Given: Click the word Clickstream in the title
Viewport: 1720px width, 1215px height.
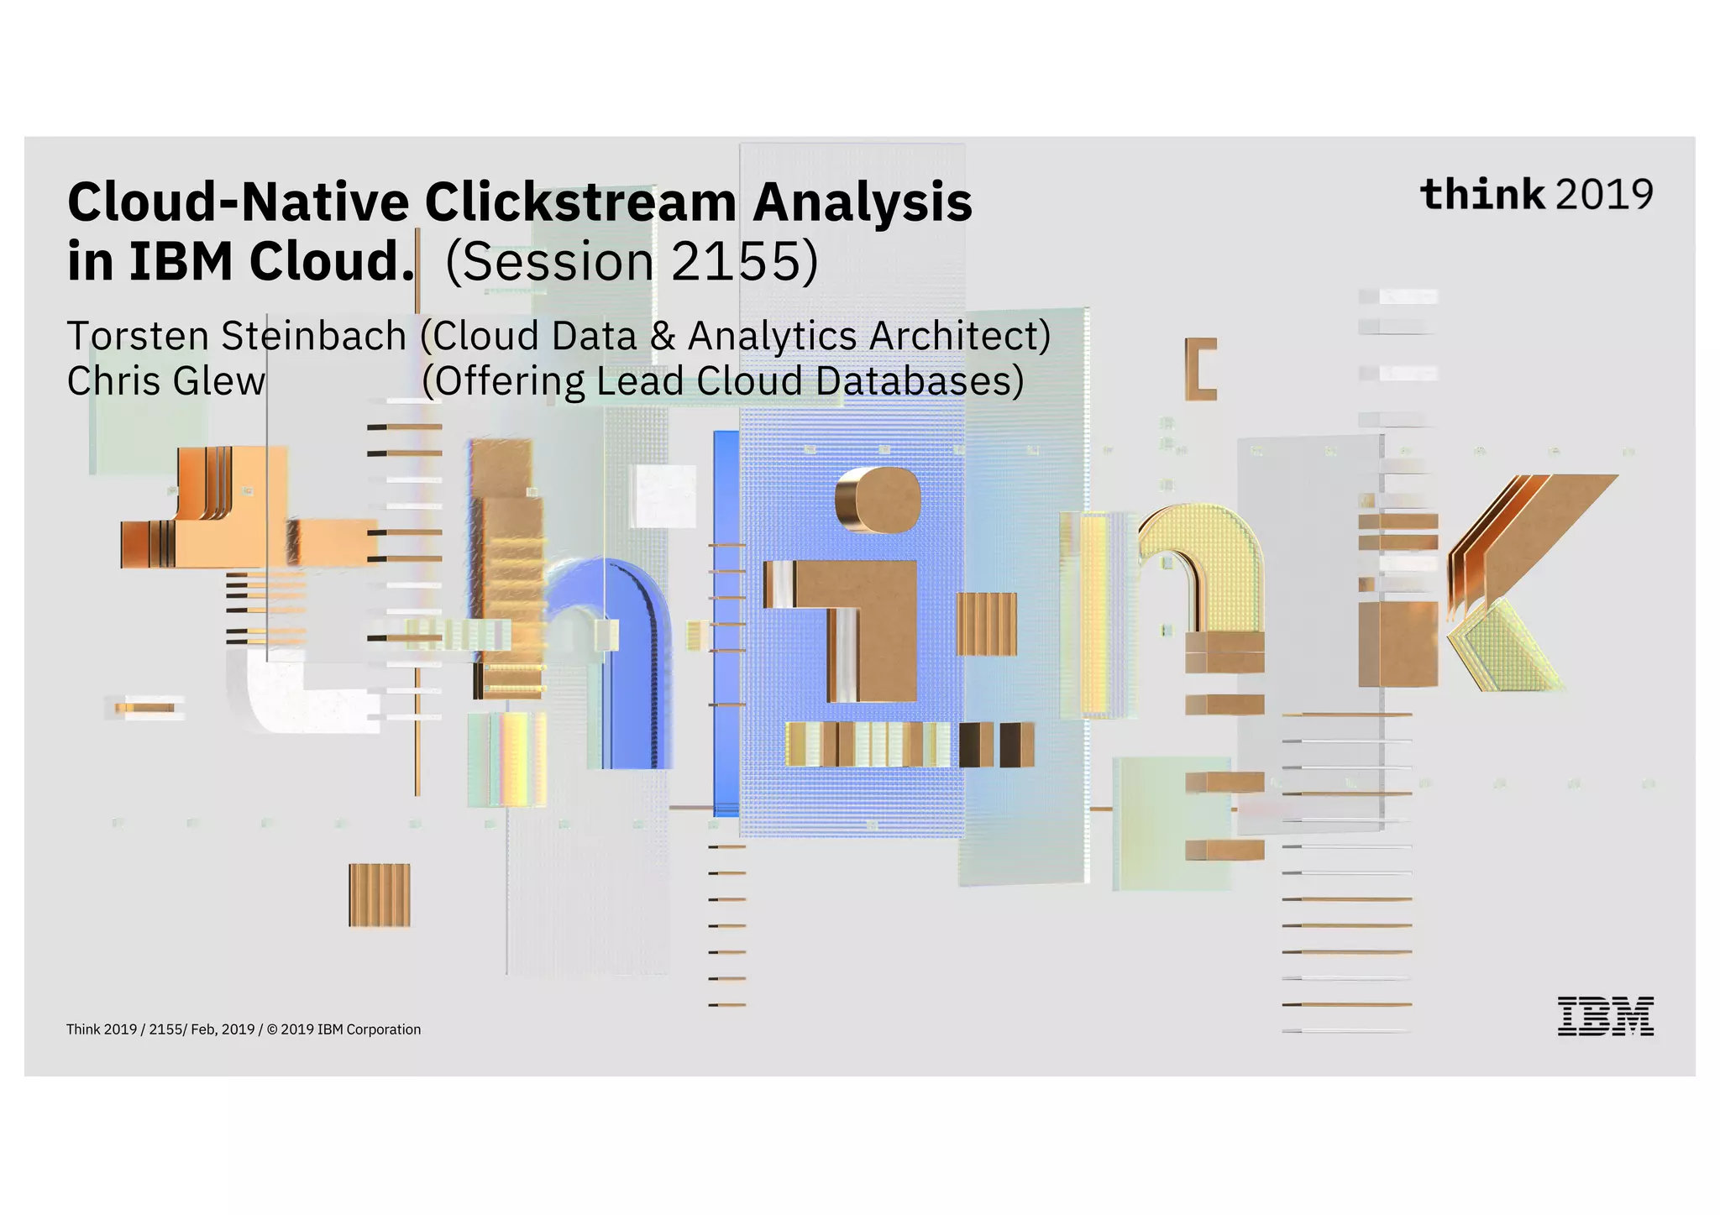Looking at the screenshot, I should click(x=580, y=202).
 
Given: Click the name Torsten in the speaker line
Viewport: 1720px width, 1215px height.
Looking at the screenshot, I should click(x=138, y=336).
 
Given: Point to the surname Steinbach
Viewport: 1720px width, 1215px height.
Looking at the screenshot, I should click(x=313, y=336).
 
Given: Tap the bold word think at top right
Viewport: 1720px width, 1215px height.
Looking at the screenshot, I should click(x=1481, y=194).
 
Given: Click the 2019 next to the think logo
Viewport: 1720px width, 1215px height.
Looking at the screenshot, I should click(x=1604, y=195).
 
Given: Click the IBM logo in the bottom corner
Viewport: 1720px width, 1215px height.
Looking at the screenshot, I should click(x=1605, y=1016).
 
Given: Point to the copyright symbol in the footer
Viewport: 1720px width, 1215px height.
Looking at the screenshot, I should click(x=271, y=1029).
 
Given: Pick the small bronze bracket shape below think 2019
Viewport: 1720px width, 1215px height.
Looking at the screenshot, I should click(x=1200, y=369).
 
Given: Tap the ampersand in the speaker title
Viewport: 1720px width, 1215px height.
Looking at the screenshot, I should click(x=663, y=336).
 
